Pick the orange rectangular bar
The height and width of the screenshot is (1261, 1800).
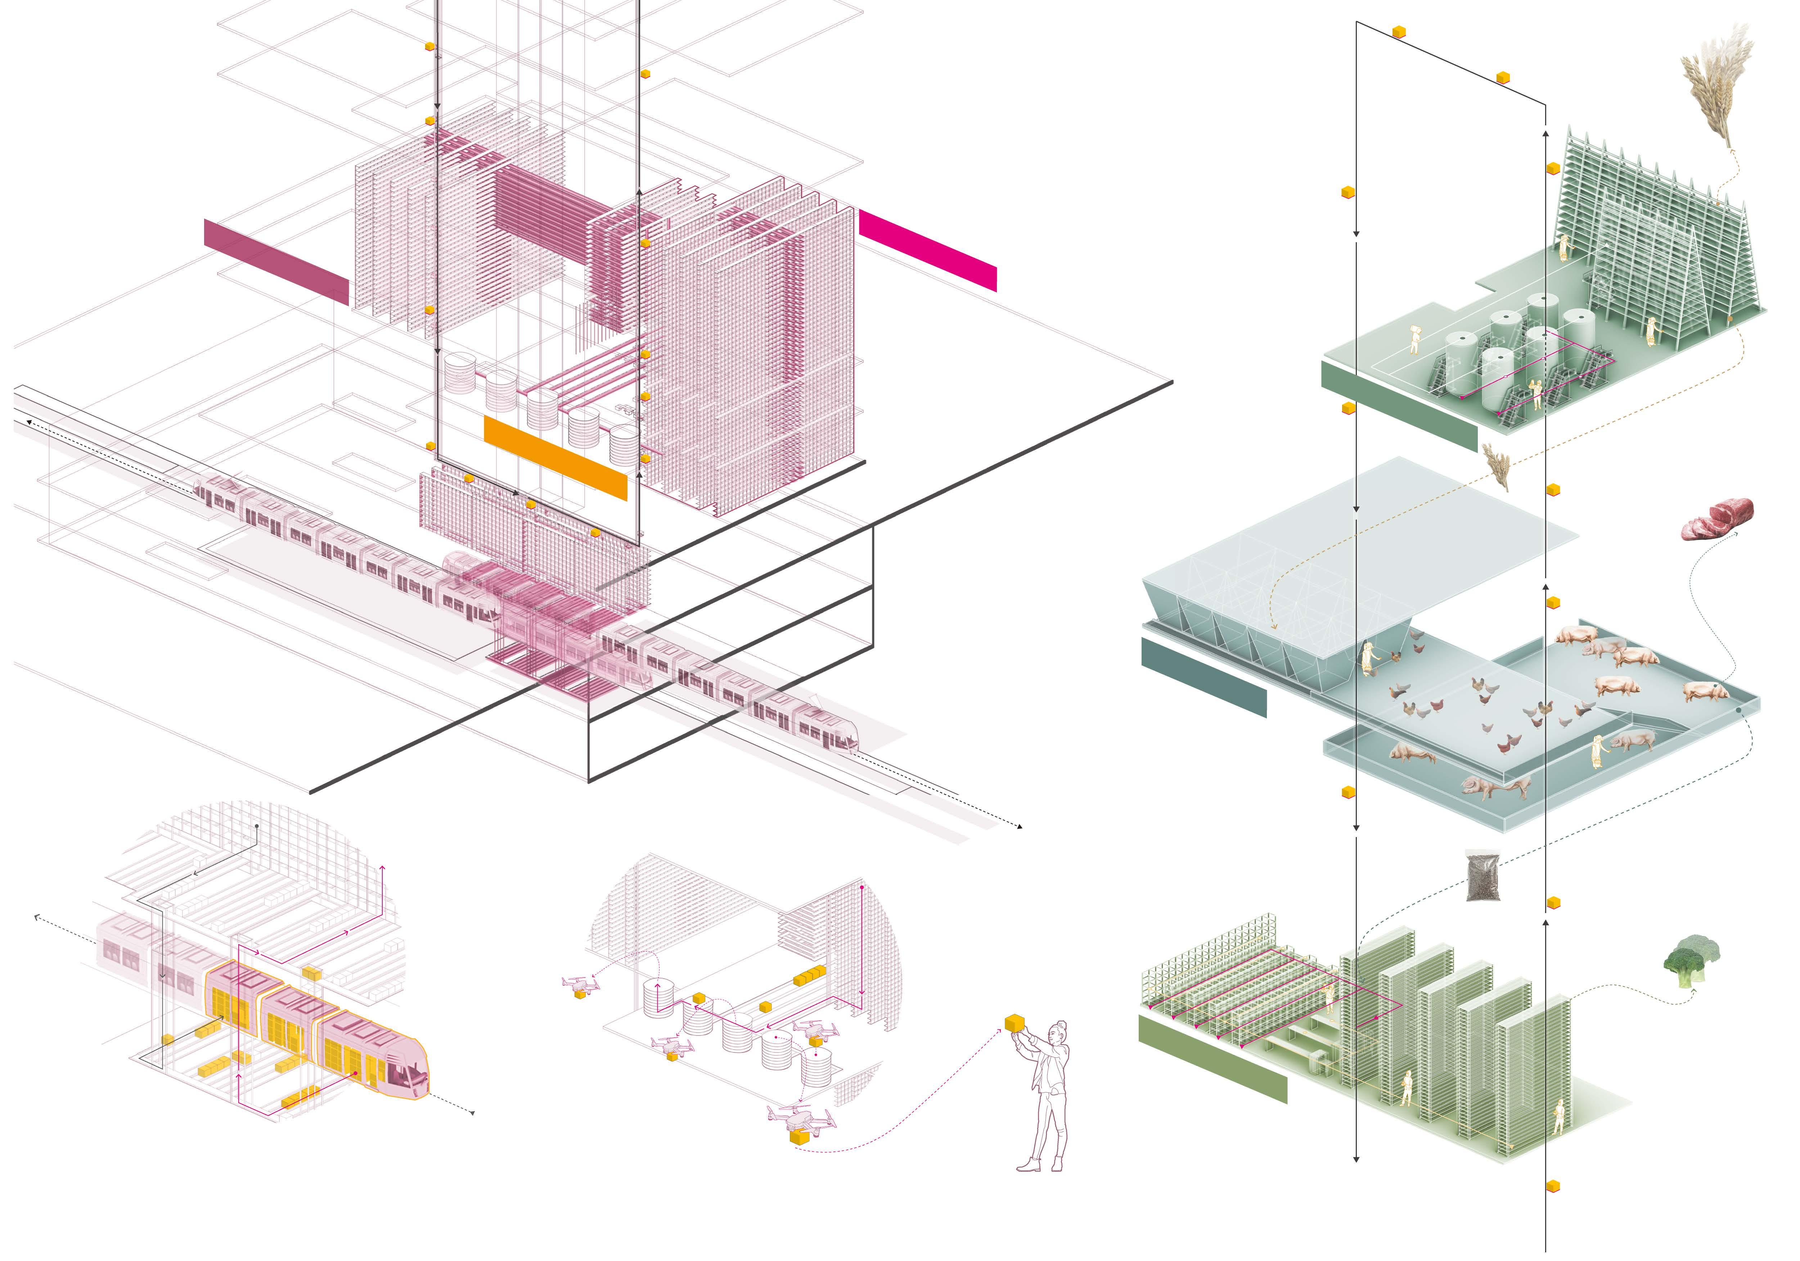click(555, 457)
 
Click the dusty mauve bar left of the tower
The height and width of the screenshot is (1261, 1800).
click(276, 261)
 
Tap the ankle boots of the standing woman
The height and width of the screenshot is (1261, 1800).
click(1043, 1164)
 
